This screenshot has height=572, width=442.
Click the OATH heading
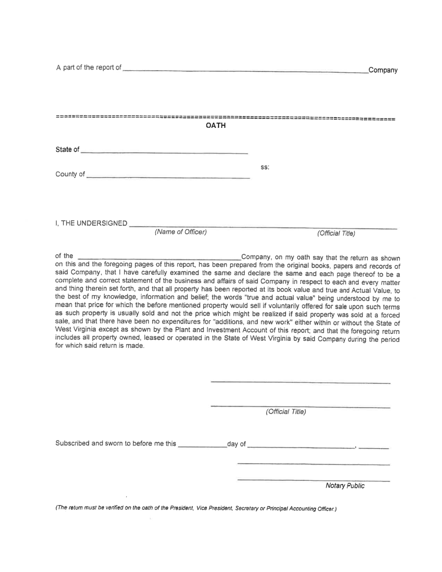coord(215,126)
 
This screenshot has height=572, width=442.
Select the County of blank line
coord(168,175)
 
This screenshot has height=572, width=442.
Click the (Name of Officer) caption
coord(181,232)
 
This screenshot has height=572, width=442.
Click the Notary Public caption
coord(345,486)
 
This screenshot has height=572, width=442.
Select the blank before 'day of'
coord(202,445)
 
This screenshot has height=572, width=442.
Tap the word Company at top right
coord(383,71)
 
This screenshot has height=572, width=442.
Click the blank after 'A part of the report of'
coord(245,70)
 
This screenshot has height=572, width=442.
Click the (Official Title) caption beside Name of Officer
coord(336,233)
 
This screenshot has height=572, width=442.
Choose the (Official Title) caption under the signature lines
coord(286,412)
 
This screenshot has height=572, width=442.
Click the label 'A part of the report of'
coord(88,68)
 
